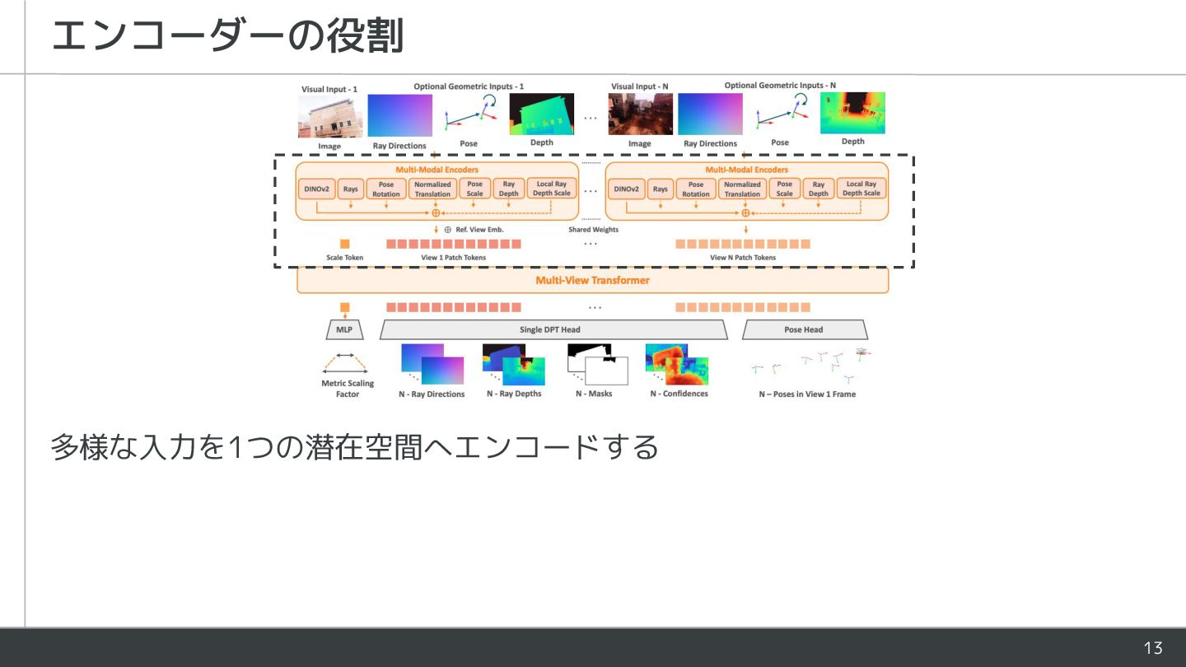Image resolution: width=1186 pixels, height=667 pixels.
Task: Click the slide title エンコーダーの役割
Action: tap(227, 36)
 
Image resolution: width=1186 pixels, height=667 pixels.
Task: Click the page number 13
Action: tap(1153, 648)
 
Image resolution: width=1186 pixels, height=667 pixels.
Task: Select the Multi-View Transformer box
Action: tap(592, 281)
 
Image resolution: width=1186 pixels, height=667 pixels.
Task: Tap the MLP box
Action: tap(344, 330)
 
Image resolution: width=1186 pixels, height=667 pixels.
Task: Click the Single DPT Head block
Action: tap(553, 330)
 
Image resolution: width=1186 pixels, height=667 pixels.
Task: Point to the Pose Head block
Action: tap(804, 330)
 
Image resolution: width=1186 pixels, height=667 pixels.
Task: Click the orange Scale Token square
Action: tap(344, 244)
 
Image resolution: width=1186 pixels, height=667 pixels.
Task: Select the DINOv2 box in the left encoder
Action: tap(316, 189)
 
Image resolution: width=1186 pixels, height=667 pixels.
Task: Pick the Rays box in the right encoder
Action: tap(661, 189)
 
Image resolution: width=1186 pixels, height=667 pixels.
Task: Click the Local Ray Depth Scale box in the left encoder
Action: tap(551, 189)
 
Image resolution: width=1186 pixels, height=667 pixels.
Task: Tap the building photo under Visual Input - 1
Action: tap(329, 116)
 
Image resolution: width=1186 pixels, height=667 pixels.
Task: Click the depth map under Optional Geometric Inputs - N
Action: tap(852, 113)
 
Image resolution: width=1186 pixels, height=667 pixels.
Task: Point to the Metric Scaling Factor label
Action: tap(348, 389)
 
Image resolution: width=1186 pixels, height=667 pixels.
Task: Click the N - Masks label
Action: tap(593, 394)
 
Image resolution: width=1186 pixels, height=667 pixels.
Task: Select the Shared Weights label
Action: tap(593, 230)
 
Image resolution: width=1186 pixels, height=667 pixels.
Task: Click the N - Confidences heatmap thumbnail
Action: tap(678, 365)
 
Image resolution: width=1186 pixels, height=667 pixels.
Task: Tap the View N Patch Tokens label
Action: tap(742, 258)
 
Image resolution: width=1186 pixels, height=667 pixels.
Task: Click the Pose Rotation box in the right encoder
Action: tap(695, 189)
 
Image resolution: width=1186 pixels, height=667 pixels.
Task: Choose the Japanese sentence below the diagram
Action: tap(355, 447)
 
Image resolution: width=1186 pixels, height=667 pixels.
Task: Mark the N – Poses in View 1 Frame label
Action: tap(807, 394)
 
